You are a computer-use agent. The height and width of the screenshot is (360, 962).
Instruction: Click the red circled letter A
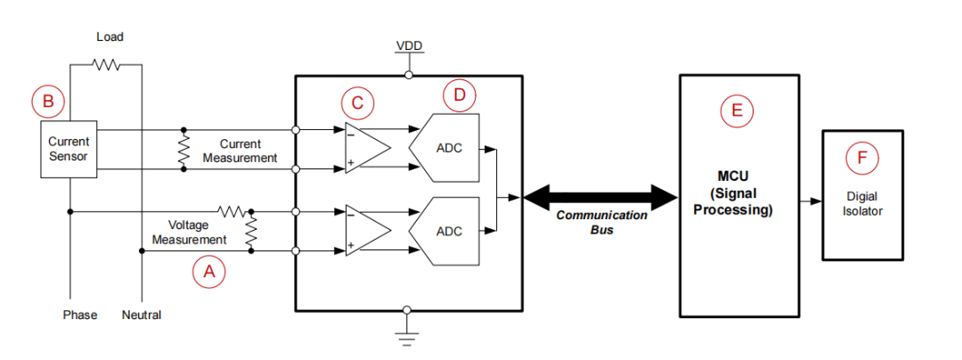pos(210,271)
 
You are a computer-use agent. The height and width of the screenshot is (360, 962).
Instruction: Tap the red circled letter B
pos(47,101)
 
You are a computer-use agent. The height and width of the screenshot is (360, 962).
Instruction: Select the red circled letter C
pos(357,102)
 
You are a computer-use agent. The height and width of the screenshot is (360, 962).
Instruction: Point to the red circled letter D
pos(459,94)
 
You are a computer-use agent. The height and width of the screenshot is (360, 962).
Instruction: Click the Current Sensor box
pos(69,149)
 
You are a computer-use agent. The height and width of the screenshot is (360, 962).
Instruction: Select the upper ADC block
pos(445,148)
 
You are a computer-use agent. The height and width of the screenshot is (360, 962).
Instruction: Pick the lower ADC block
pos(445,230)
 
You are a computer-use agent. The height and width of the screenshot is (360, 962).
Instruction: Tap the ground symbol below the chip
pos(407,337)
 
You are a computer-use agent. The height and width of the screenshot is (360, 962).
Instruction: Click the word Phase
pos(80,315)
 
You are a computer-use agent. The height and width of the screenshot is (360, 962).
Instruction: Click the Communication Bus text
pos(601,223)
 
